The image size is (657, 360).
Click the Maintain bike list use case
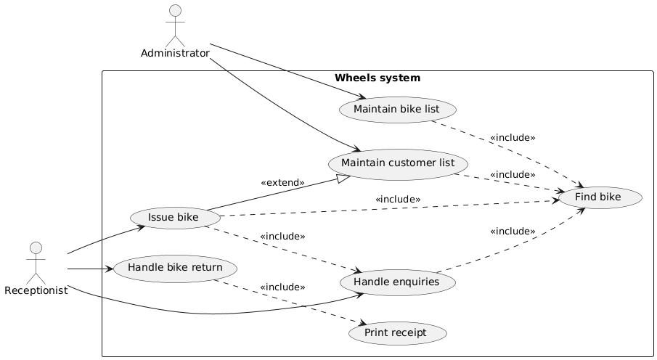[x=397, y=109]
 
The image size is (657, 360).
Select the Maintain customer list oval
[x=398, y=164]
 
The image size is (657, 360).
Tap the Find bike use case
[x=597, y=197]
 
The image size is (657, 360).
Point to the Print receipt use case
[x=397, y=333]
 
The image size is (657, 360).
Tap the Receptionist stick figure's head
[x=36, y=248]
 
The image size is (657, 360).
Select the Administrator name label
[x=175, y=53]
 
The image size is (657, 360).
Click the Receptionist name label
[x=36, y=290]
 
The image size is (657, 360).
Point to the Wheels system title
[x=378, y=78]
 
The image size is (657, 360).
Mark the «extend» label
[x=282, y=183]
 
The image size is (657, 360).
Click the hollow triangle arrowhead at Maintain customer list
[x=346, y=176]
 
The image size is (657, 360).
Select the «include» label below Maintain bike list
[x=513, y=137]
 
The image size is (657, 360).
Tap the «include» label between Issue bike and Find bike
[x=398, y=199]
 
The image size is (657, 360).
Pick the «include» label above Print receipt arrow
[x=282, y=287]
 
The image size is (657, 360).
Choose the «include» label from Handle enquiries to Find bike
[x=513, y=232]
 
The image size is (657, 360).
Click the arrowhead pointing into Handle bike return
[x=110, y=269]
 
